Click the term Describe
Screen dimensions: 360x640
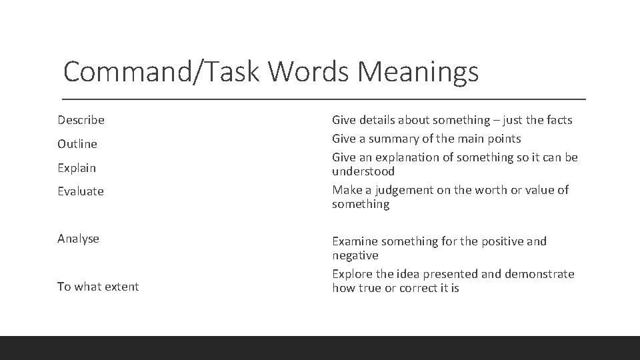coord(81,120)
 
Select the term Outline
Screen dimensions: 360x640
coord(77,144)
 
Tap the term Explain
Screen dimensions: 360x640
coord(77,168)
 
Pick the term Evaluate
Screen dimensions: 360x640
coord(81,191)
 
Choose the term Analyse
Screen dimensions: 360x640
coord(78,239)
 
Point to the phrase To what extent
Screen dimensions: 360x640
coord(98,287)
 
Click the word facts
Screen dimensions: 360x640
coord(557,120)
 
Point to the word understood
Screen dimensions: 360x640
coord(363,171)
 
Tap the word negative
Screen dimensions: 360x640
coord(355,255)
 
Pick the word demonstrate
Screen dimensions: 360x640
coord(540,274)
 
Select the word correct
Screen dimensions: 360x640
coord(419,289)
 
